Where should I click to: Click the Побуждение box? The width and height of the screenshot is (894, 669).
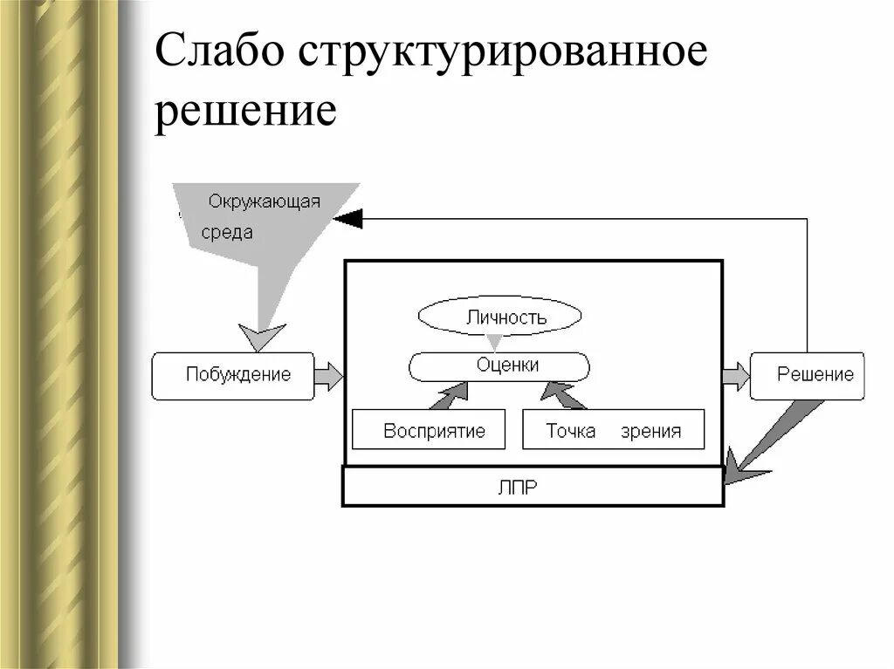[233, 376]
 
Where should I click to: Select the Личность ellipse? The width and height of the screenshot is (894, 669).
[499, 317]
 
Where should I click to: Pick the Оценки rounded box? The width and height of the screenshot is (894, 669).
[499, 365]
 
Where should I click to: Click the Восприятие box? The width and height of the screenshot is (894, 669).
[428, 429]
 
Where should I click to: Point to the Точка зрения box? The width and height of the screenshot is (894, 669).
[613, 429]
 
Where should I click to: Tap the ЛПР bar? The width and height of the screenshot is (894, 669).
[533, 487]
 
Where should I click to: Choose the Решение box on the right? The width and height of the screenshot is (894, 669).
[808, 376]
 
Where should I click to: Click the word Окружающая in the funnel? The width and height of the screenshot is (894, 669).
[264, 201]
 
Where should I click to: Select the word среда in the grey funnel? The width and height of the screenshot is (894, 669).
[227, 232]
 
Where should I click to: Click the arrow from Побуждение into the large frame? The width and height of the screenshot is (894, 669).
[329, 376]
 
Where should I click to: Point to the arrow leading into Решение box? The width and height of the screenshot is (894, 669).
[736, 376]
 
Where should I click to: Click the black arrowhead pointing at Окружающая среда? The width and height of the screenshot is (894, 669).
[347, 219]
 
